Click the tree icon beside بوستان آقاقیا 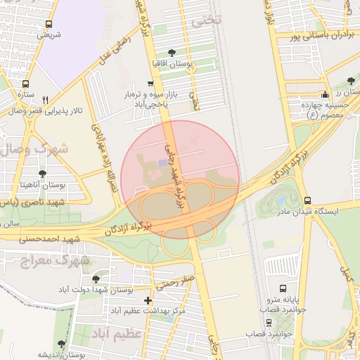(x=173, y=52)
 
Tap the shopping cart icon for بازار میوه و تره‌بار (x=150, y=83)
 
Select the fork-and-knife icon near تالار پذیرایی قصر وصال (x=46, y=100)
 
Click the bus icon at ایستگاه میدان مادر (x=307, y=200)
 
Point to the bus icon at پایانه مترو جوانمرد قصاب (x=283, y=288)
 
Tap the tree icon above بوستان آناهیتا (x=43, y=173)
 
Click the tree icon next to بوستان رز (x=351, y=82)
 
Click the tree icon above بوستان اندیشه (x=61, y=344)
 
